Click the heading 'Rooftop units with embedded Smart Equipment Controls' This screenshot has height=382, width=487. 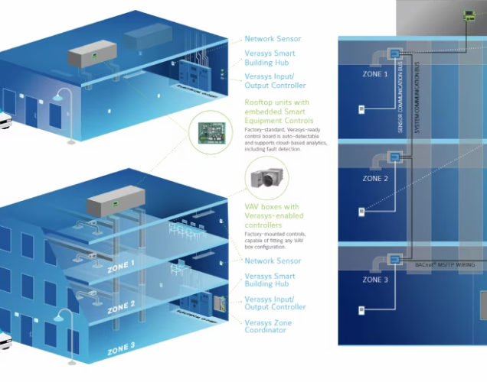click(x=277, y=111)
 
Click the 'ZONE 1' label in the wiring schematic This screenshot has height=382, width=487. click(x=374, y=75)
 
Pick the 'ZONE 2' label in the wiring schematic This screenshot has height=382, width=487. click(x=374, y=179)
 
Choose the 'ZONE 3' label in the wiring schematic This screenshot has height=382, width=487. click(x=374, y=280)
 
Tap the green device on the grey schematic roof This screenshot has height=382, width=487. click(x=469, y=15)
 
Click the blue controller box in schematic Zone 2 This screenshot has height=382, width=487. click(x=395, y=157)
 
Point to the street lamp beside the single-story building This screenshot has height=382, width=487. click(x=67, y=115)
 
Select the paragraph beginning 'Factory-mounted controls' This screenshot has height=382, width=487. click(x=276, y=241)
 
